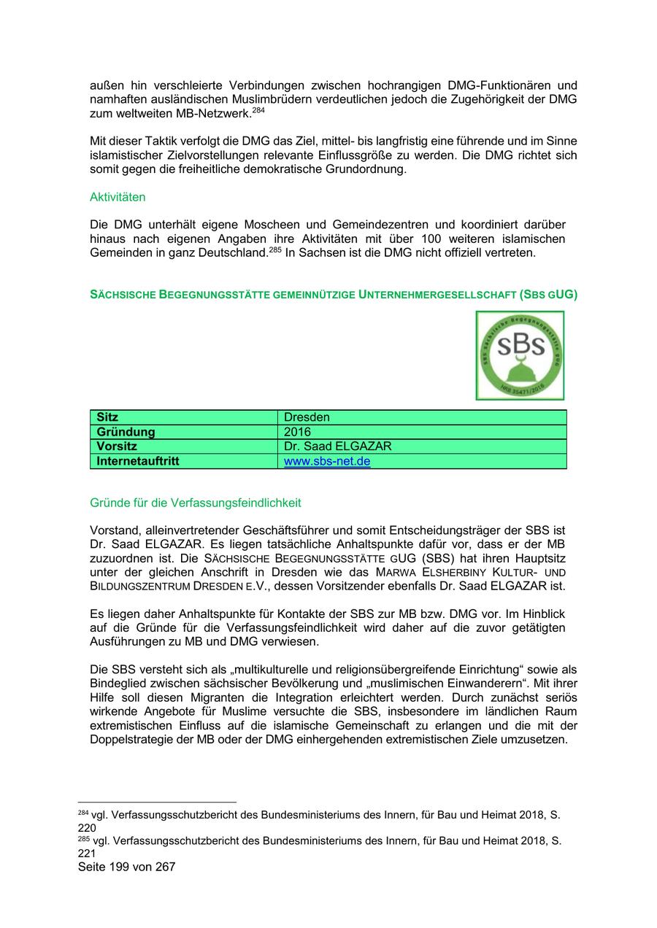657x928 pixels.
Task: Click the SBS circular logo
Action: point(520,355)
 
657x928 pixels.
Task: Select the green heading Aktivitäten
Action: point(118,197)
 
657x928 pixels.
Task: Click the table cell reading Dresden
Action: point(307,417)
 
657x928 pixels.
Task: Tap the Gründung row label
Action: point(126,432)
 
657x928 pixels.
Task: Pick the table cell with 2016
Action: point(297,432)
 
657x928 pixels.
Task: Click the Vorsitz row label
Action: point(117,446)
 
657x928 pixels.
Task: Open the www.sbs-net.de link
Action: point(326,461)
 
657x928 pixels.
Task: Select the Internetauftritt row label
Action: point(138,461)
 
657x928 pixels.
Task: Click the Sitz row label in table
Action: point(107,417)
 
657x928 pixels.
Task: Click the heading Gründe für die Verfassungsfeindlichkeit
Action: point(195,503)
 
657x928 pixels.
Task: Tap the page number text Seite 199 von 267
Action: point(126,867)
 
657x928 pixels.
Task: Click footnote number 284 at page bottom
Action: point(82,813)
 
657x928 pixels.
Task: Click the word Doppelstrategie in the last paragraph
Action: point(132,739)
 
